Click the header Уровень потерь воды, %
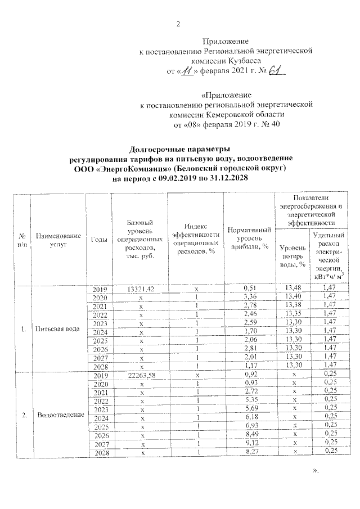[x=292, y=256]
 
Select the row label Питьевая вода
[x=58, y=328]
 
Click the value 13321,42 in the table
[x=139, y=289]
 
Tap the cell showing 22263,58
[x=139, y=375]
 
